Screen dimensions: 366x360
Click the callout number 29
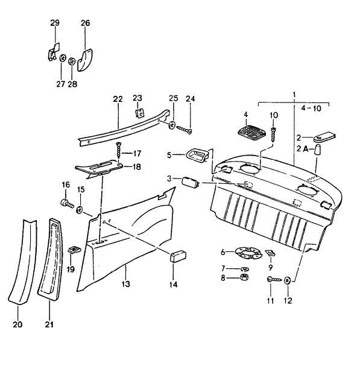tap(55, 23)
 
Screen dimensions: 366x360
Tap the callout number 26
tap(85, 23)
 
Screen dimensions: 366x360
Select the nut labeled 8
tap(245, 278)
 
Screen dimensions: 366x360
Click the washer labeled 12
tap(287, 280)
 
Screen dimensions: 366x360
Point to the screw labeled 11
tap(273, 280)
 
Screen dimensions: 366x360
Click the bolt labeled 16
tap(66, 203)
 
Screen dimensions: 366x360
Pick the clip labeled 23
tap(138, 112)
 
